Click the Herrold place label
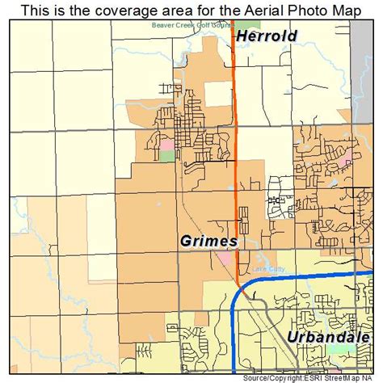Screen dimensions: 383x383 pyautogui.click(x=267, y=36)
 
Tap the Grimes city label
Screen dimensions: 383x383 pyautogui.click(x=208, y=241)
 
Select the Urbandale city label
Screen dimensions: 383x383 pyautogui.click(x=328, y=336)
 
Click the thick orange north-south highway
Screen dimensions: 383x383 pyautogui.click(x=235, y=121)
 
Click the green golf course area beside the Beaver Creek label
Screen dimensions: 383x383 pyautogui.click(x=242, y=26)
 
